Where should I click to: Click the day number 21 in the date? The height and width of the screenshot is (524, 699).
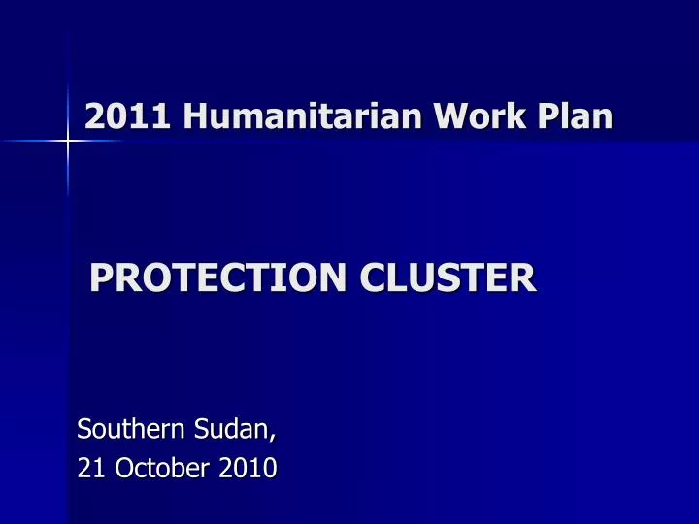[91, 468]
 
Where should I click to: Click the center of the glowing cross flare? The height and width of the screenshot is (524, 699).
[68, 142]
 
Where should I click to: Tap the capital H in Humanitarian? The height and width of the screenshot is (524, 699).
[190, 116]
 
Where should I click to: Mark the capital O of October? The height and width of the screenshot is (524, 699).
[124, 468]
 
